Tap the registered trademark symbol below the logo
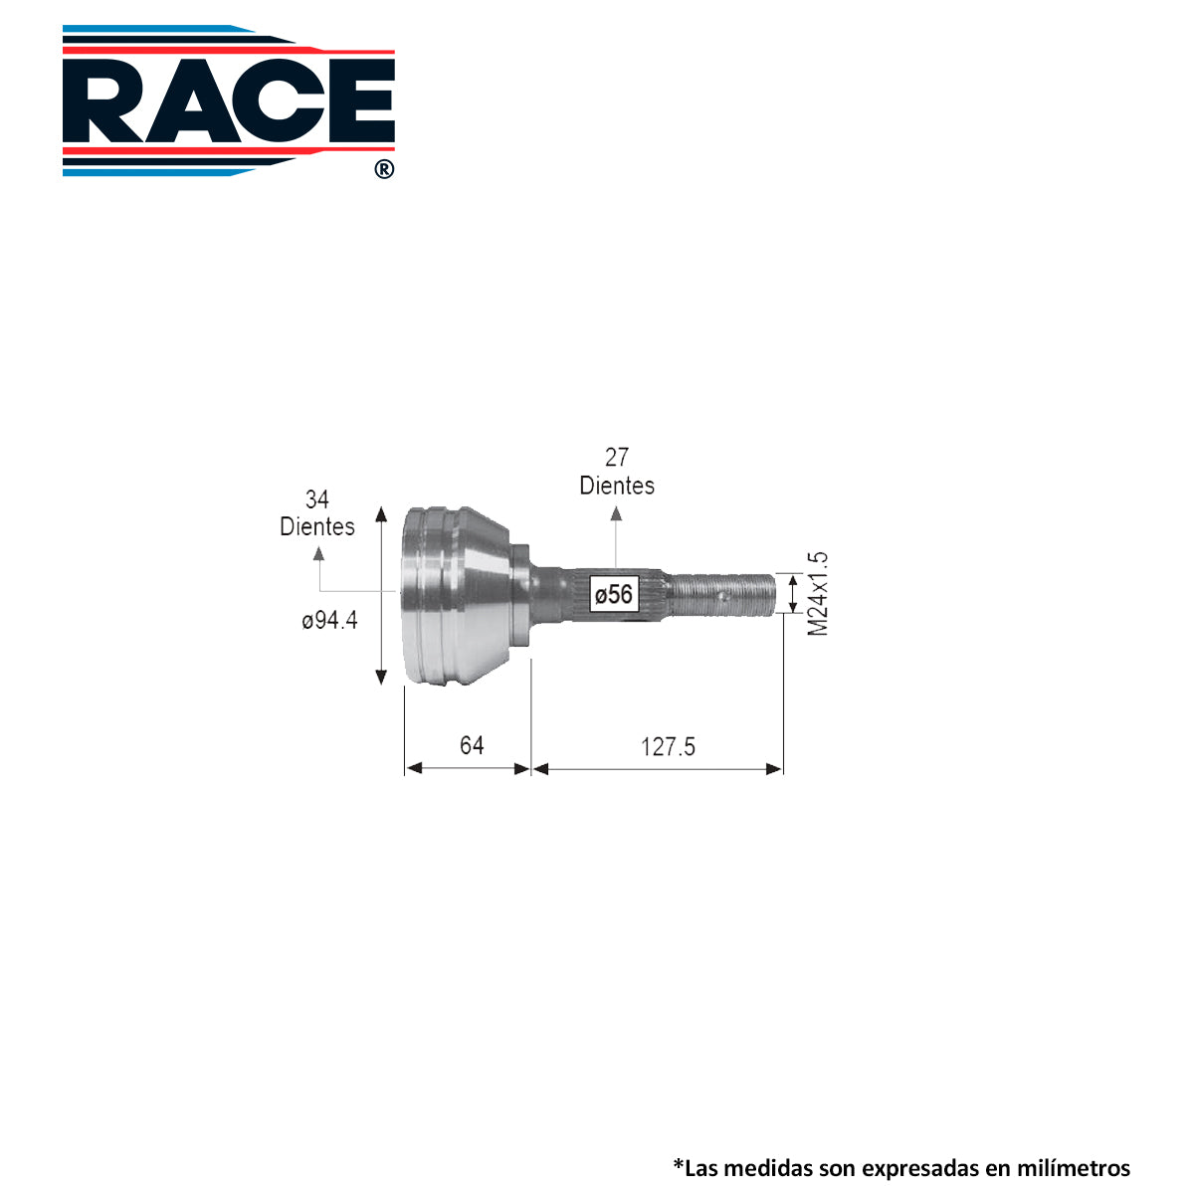click(384, 169)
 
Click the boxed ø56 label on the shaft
click(613, 595)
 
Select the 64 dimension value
click(472, 745)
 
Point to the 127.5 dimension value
click(668, 746)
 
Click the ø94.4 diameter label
click(329, 620)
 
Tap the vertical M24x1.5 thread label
click(818, 594)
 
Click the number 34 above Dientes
click(316, 499)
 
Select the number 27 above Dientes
click(617, 457)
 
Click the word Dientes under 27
click(617, 486)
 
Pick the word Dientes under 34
click(317, 526)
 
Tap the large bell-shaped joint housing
click(458, 595)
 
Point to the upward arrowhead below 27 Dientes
click(616, 513)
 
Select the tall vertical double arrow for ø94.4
click(381, 595)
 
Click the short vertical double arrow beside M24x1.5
click(793, 594)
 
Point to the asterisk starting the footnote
click(678, 1163)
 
